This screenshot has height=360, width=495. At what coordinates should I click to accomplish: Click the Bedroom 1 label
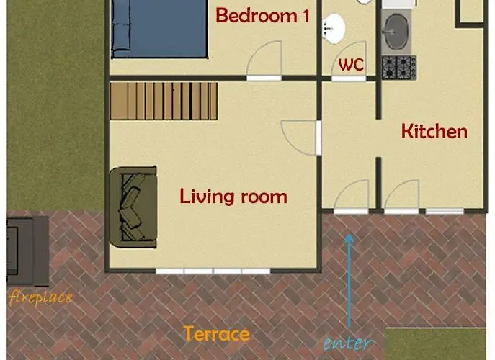tap(262, 16)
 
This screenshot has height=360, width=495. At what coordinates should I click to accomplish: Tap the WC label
tap(351, 65)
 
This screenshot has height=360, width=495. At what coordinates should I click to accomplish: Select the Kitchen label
tap(434, 132)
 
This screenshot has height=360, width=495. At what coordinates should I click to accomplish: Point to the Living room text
tap(233, 197)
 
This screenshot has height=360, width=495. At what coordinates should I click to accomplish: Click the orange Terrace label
tap(217, 334)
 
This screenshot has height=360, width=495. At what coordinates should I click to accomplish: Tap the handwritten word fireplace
tap(40, 297)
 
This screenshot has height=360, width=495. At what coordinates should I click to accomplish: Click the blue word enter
tap(347, 343)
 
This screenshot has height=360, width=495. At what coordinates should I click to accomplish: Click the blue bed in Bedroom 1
tap(159, 29)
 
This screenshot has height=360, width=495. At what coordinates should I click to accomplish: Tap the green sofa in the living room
tap(133, 207)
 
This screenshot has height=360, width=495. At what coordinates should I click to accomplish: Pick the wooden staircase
tap(164, 101)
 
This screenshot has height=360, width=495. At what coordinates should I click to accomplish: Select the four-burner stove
tap(399, 68)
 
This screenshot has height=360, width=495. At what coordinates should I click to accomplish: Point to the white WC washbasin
tap(334, 29)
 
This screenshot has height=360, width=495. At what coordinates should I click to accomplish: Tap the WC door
tap(349, 61)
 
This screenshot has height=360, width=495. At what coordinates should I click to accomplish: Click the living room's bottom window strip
tap(213, 271)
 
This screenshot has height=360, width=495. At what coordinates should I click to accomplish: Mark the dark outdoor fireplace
tap(27, 251)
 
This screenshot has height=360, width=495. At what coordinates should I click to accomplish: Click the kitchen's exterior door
tap(401, 197)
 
